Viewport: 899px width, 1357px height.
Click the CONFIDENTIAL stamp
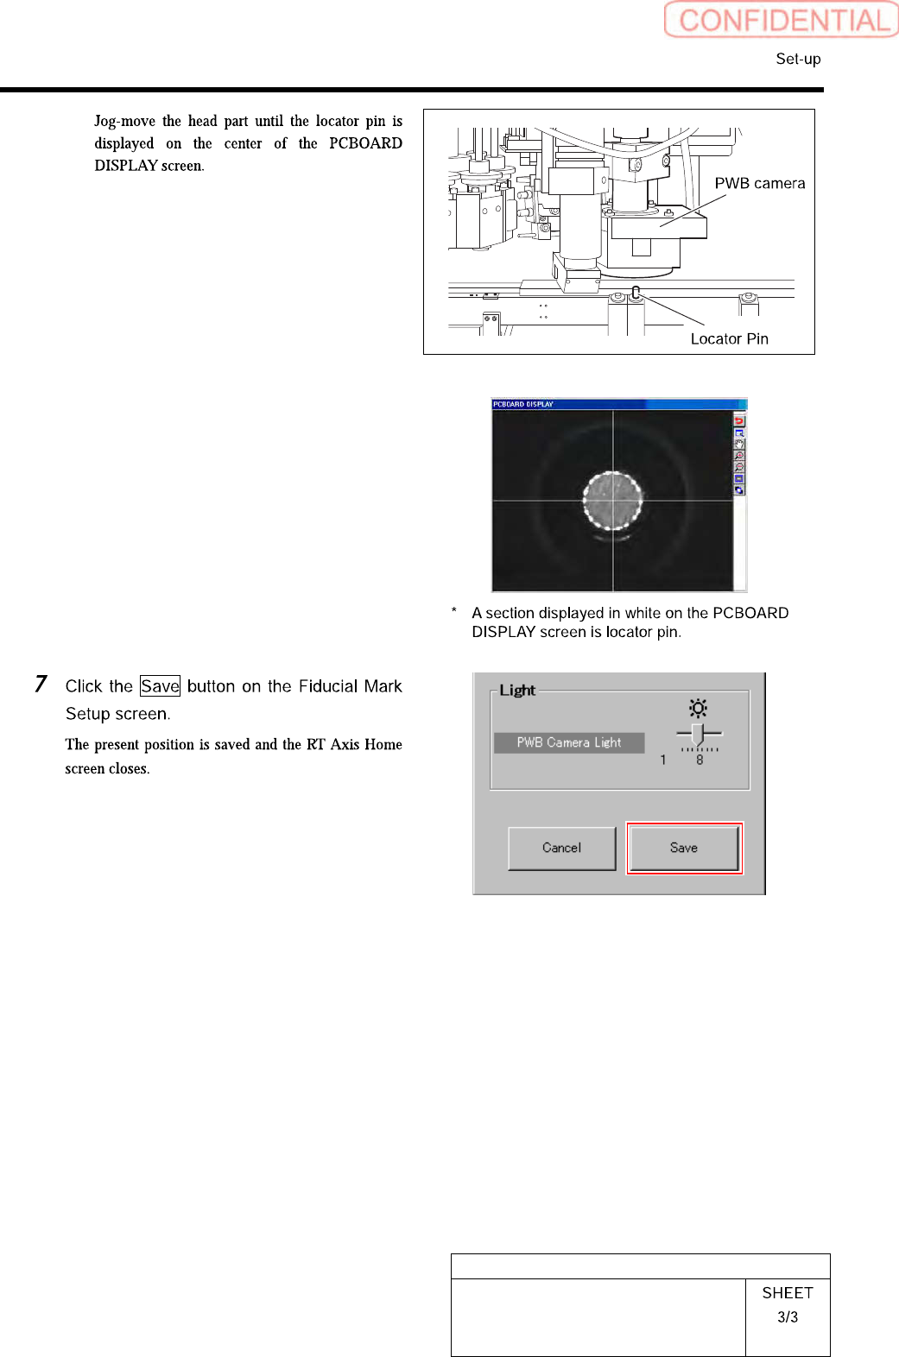782,20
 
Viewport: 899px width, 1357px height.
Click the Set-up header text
798,59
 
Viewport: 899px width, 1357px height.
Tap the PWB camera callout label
759,183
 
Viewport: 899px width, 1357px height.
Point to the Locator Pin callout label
729,338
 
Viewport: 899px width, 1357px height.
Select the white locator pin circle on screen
612,500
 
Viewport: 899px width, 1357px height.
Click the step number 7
41,684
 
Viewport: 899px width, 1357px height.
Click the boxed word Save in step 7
160,686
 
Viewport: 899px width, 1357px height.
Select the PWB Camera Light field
569,742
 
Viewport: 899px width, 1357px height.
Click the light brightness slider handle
698,734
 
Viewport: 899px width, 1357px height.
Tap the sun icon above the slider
698,709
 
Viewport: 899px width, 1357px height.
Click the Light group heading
517,690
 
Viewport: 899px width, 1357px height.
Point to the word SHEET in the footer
787,1292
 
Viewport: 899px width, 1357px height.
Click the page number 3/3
787,1316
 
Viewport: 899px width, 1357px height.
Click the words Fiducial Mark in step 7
350,686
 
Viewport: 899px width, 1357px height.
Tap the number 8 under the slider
700,761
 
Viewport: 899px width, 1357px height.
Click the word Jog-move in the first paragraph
124,121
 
